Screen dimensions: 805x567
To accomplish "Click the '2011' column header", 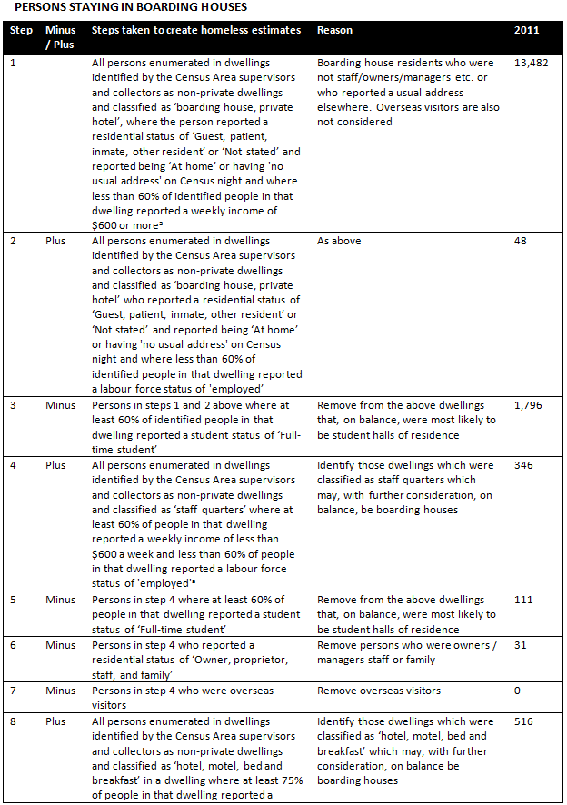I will point(526,30).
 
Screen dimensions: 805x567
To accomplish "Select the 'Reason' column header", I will point(335,30).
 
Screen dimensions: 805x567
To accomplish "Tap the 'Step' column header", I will point(21,30).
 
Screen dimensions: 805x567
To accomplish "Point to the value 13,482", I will point(531,64).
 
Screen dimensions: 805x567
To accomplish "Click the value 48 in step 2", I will point(521,241).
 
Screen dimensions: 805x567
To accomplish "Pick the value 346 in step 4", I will point(523,465).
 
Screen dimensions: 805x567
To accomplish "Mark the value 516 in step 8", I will point(523,721).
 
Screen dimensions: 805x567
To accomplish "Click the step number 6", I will point(12,644).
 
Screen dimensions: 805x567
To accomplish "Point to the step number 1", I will point(12,64).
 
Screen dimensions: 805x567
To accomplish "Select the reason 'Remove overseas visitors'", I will point(378,690).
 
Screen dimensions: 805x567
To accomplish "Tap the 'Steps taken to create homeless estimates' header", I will point(196,30).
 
